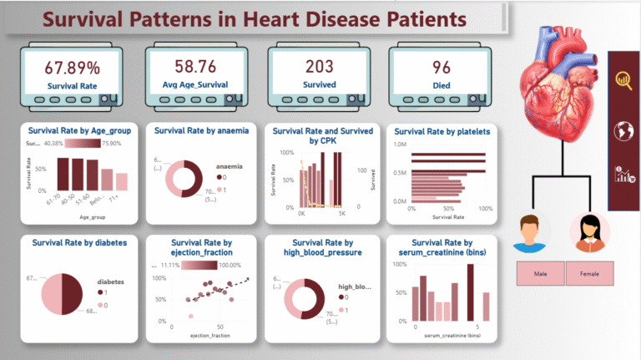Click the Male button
coord(541,273)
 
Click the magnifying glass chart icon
coord(623,80)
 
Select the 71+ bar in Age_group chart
coord(122,181)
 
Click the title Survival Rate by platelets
coord(442,131)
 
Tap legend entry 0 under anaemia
coord(223,177)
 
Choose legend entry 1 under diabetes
coord(106,293)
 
